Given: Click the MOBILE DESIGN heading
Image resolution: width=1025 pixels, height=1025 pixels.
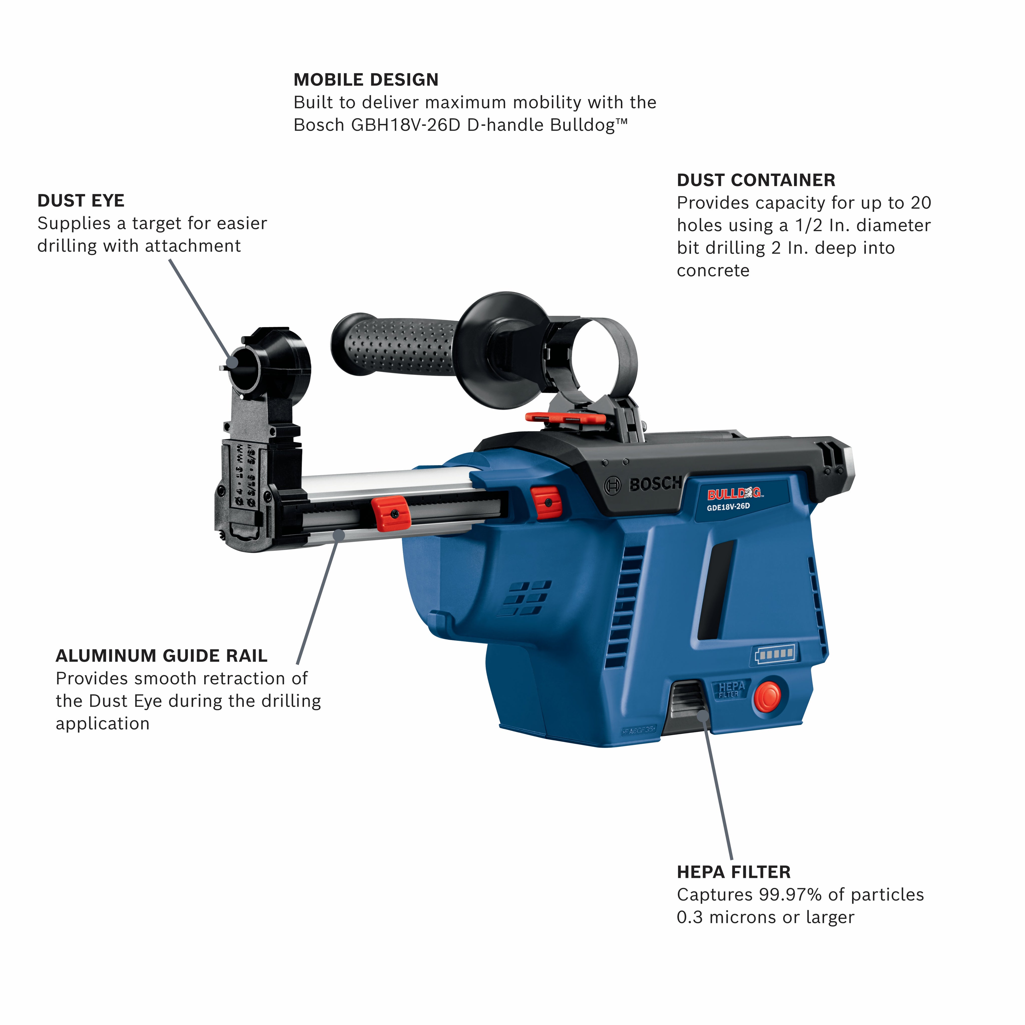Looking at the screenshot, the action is [366, 80].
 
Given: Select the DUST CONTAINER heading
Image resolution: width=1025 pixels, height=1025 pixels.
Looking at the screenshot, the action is [756, 180].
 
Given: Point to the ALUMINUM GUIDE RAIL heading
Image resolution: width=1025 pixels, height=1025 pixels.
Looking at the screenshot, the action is [162, 656].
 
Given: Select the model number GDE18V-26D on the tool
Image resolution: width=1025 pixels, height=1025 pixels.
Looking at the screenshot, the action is [728, 507].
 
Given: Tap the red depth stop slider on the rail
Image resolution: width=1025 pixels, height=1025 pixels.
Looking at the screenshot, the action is [390, 514].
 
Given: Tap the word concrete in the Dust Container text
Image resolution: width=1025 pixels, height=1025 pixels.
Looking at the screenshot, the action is [713, 271].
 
